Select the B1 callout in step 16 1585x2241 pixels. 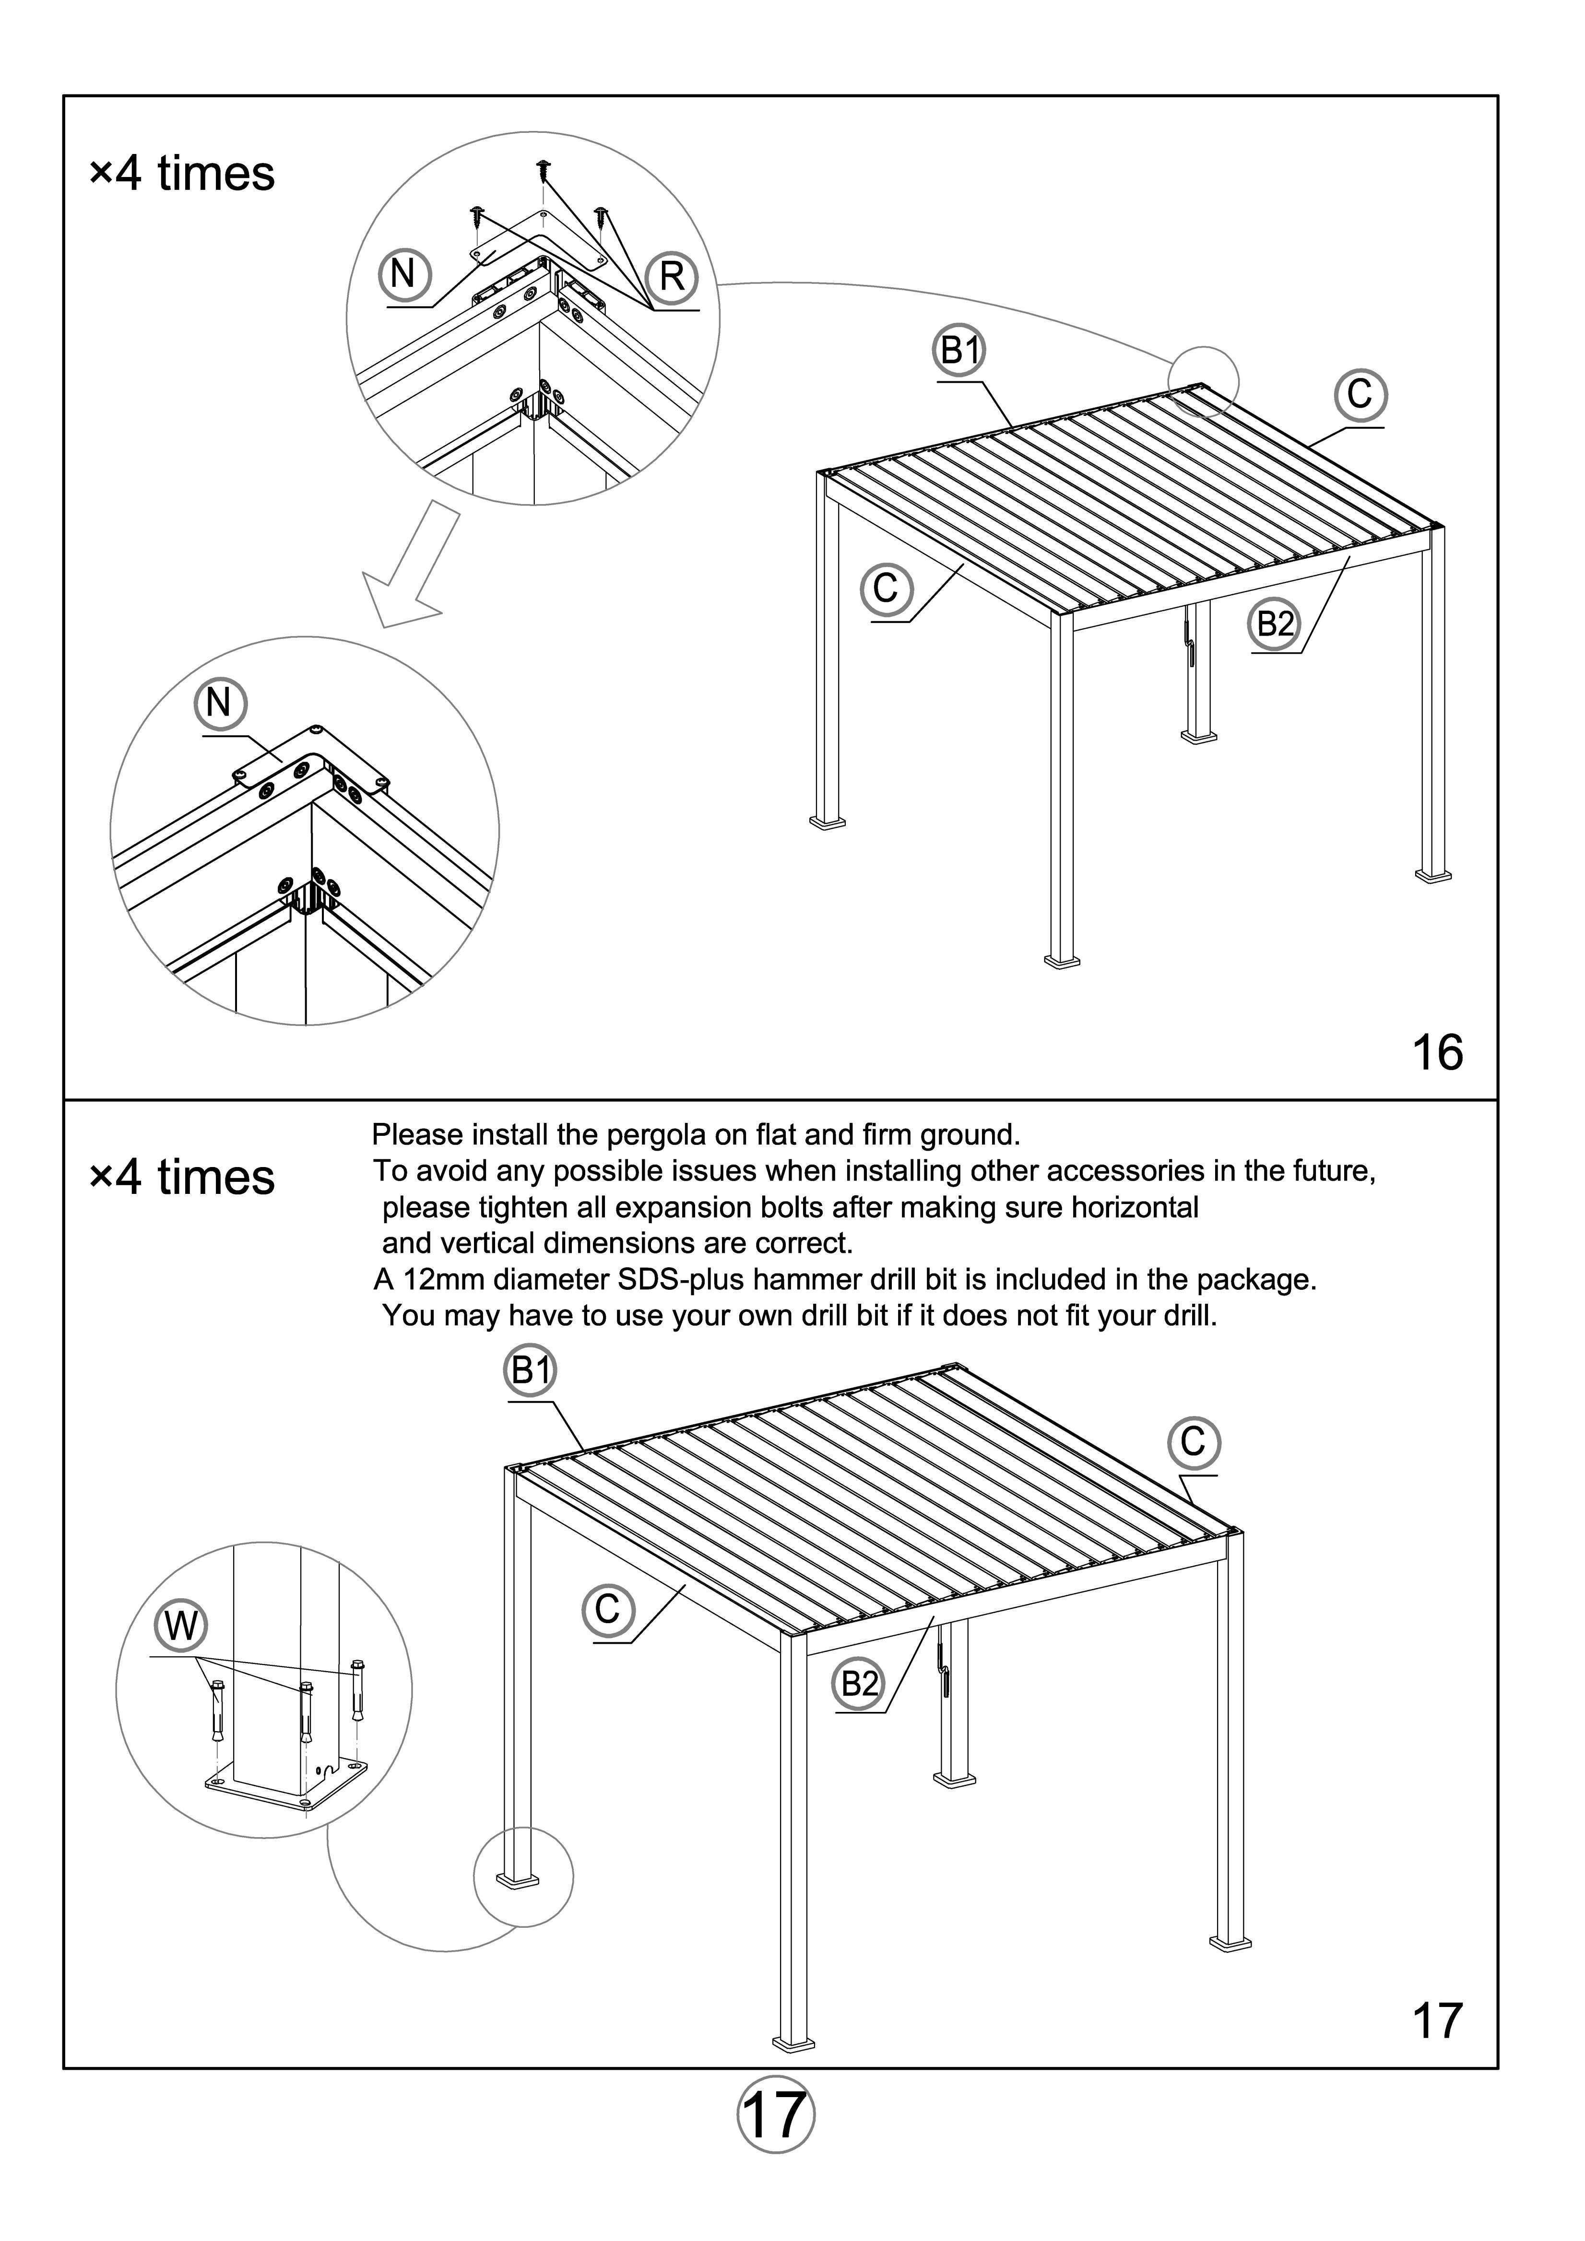click(x=959, y=349)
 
